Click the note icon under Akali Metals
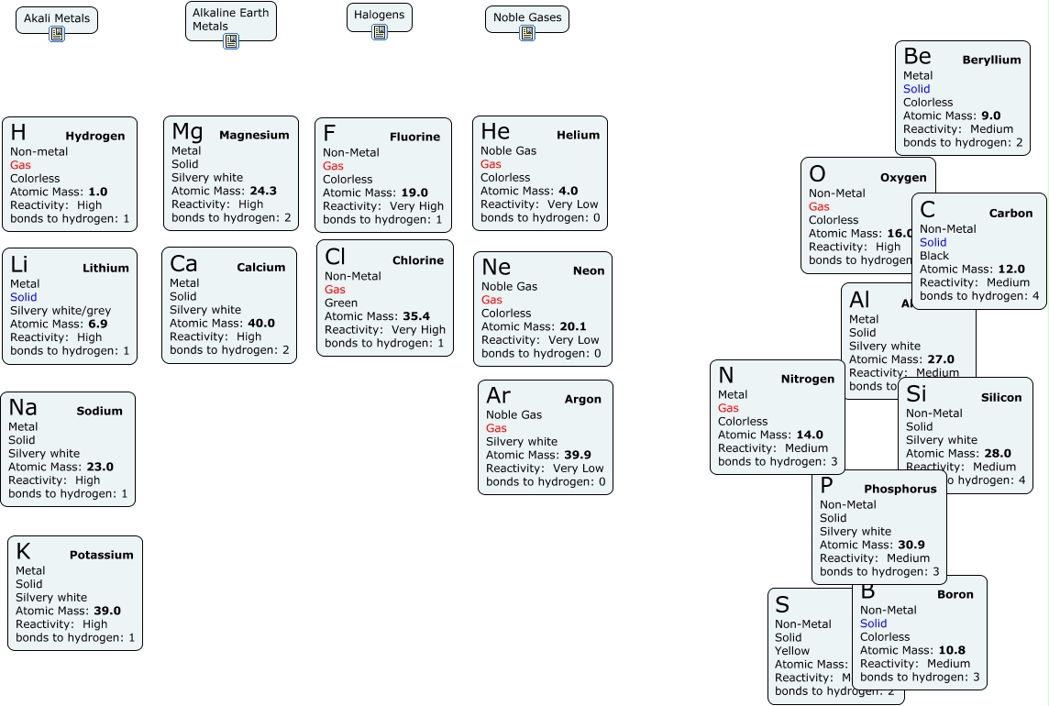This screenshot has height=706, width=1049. pyautogui.click(x=57, y=34)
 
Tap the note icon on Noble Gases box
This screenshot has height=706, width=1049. pyautogui.click(x=527, y=33)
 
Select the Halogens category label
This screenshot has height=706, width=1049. pyautogui.click(x=380, y=15)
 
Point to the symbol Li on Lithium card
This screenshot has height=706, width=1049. pyautogui.click(x=19, y=265)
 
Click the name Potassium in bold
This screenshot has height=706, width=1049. pyautogui.click(x=101, y=555)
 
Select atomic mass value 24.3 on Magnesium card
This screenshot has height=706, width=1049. pyautogui.click(x=263, y=191)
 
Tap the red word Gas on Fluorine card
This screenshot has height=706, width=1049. pyautogui.click(x=333, y=166)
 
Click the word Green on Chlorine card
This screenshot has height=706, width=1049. pyautogui.click(x=341, y=303)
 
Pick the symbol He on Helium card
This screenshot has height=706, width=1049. pyautogui.click(x=495, y=132)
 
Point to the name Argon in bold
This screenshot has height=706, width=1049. pyautogui.click(x=582, y=399)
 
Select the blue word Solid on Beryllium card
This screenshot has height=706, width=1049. pyautogui.click(x=916, y=89)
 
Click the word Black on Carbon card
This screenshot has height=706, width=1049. pyautogui.click(x=934, y=256)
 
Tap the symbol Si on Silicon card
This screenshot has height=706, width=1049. pyautogui.click(x=916, y=394)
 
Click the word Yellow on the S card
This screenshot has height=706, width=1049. pyautogui.click(x=791, y=651)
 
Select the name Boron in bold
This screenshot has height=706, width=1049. pyautogui.click(x=955, y=594)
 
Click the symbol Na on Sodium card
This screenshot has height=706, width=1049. pyautogui.click(x=23, y=408)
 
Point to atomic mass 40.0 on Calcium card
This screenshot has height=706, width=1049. pyautogui.click(x=260, y=323)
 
